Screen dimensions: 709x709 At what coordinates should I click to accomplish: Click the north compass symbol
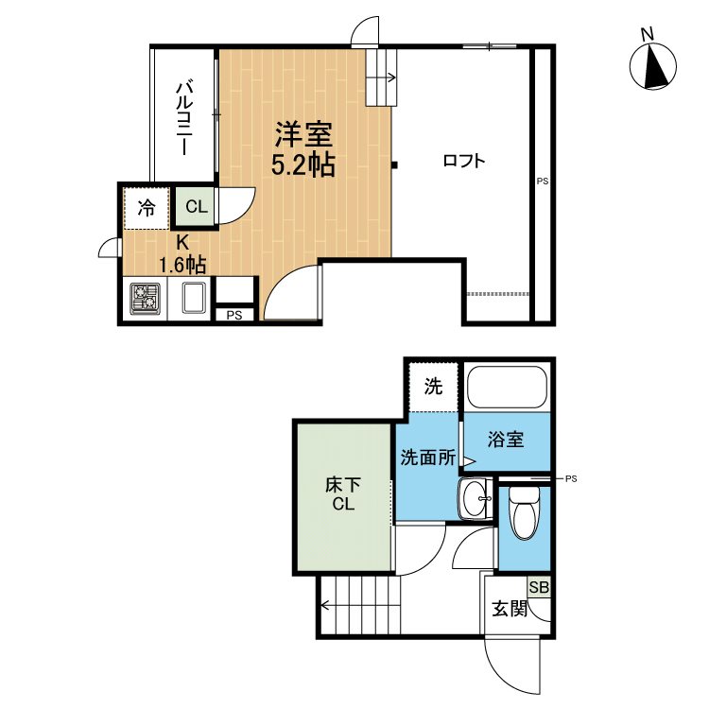click(x=653, y=66)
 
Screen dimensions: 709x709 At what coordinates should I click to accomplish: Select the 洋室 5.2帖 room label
click(x=302, y=147)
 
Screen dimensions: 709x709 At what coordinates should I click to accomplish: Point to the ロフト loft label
click(x=464, y=161)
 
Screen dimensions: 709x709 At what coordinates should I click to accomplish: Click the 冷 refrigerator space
click(x=147, y=207)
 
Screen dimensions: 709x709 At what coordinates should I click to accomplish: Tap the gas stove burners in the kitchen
click(x=145, y=300)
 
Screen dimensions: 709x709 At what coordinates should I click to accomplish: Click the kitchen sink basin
click(x=194, y=300)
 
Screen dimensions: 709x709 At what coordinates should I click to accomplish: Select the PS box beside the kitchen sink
click(x=234, y=315)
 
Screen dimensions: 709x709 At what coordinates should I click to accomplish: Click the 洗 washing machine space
click(x=433, y=386)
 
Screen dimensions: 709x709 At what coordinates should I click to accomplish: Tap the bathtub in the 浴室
click(x=507, y=389)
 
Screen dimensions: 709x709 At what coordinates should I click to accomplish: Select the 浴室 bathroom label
click(x=506, y=441)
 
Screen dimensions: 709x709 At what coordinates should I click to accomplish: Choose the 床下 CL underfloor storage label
click(x=342, y=494)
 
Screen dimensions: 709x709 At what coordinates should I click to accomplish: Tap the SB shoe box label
click(x=538, y=587)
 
